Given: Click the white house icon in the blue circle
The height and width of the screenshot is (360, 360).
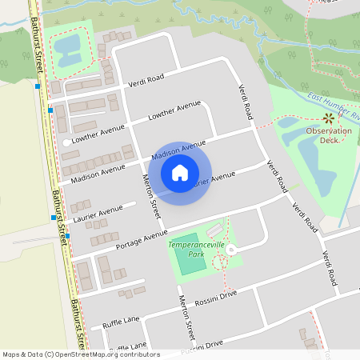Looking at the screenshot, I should (180, 173).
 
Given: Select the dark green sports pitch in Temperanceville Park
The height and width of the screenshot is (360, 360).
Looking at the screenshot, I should (190, 263).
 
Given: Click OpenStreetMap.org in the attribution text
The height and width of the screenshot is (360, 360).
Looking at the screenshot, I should (93, 354).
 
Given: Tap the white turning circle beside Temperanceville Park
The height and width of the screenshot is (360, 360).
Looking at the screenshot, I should (231, 250).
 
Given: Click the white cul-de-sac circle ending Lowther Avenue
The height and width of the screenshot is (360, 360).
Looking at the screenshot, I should (66, 142).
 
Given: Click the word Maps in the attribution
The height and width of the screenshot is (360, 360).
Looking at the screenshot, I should (12, 354).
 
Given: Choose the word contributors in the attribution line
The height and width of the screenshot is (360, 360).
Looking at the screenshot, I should (141, 354).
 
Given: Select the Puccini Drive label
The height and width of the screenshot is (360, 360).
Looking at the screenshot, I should (202, 345).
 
